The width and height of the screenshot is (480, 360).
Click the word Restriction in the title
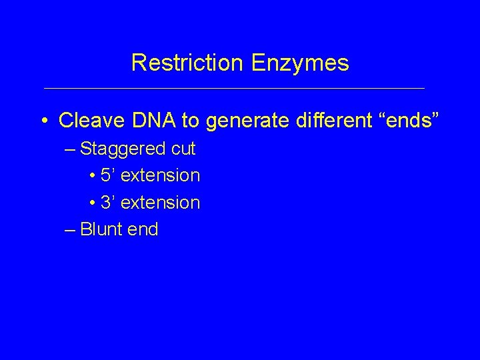click(187, 63)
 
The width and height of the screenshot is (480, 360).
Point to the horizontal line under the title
click(233, 88)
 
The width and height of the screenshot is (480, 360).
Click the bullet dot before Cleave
click(43, 121)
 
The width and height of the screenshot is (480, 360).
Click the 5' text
click(109, 175)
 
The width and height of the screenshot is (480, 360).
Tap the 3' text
click(109, 202)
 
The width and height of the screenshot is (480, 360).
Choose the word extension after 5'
click(161, 176)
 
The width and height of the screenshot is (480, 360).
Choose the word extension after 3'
click(161, 203)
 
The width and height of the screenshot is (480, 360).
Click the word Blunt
click(101, 229)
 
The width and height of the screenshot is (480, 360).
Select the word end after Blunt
click(143, 229)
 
